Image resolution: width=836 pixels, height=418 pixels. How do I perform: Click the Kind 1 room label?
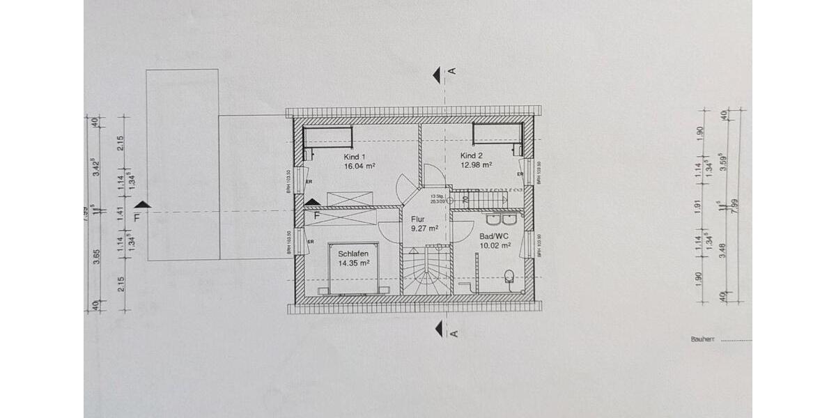pyautogui.click(x=355, y=157)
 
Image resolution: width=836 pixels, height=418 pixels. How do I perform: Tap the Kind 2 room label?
pyautogui.click(x=472, y=155)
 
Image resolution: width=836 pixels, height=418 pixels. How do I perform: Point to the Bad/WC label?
pyautogui.click(x=494, y=235)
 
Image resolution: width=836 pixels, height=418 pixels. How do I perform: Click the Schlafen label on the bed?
pyautogui.click(x=353, y=254)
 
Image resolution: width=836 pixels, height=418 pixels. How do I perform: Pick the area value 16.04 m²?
pyautogui.click(x=359, y=167)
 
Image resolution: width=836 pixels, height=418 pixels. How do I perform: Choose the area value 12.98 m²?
pyautogui.click(x=477, y=165)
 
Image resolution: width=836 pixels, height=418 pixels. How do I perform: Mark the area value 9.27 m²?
pyautogui.click(x=424, y=228)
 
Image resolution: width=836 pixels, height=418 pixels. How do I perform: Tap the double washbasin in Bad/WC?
pyautogui.click(x=501, y=219)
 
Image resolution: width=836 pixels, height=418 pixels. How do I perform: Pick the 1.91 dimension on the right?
pyautogui.click(x=700, y=206)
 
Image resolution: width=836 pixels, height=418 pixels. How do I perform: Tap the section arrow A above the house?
pyautogui.click(x=437, y=75)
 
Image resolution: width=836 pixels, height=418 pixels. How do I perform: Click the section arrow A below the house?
pyautogui.click(x=439, y=328)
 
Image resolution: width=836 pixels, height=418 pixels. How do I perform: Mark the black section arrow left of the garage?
pyautogui.click(x=143, y=204)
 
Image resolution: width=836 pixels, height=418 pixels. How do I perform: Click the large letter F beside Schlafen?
pyautogui.click(x=316, y=215)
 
